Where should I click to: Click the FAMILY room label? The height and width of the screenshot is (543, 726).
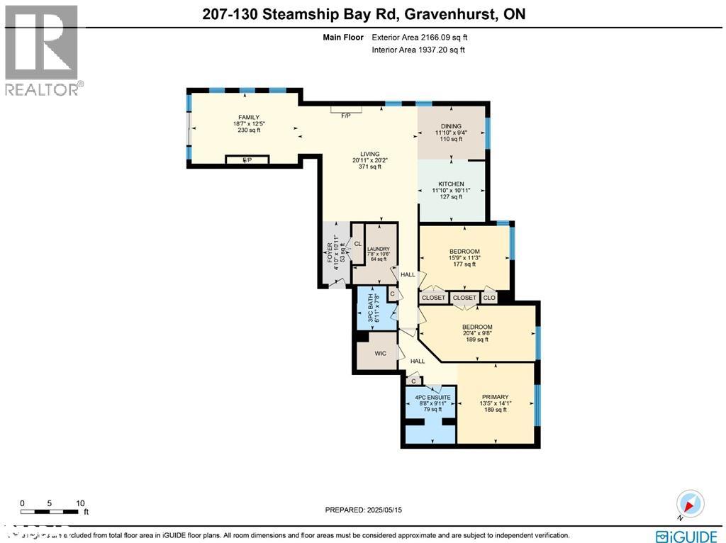coord(248,118)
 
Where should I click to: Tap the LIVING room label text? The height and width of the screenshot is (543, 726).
coord(369,154)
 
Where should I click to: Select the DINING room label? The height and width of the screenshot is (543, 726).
coord(451,126)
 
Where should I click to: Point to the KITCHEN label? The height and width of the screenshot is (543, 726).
coord(451,184)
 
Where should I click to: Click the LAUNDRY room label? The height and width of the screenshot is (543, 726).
coord(378,249)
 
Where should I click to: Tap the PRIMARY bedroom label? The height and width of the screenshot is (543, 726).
coord(495,397)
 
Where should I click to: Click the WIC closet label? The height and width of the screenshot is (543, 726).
coord(380,353)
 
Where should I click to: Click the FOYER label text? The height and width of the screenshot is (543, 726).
coord(329,252)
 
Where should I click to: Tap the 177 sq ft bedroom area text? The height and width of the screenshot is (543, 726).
coord(464,264)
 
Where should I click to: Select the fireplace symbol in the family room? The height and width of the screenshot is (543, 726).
coord(247,160)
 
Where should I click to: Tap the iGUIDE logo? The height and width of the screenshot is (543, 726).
coord(685,534)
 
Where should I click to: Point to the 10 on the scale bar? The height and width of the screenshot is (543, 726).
coord(80,503)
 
